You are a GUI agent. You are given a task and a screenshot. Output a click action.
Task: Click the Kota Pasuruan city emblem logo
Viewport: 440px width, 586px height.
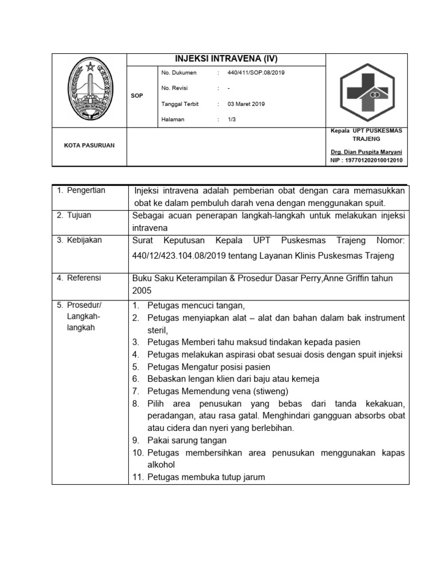pos(89,90)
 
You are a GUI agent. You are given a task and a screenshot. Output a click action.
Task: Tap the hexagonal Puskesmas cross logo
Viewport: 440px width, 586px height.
pos(367,90)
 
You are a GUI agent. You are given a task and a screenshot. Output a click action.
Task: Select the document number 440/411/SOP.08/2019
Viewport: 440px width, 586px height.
pos(256,73)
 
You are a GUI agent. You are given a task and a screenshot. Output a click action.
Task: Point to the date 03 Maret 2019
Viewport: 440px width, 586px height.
pos(246,104)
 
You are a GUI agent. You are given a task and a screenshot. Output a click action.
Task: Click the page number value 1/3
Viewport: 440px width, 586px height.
pos(231,120)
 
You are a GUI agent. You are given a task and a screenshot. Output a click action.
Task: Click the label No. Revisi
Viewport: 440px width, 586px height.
pos(175,88)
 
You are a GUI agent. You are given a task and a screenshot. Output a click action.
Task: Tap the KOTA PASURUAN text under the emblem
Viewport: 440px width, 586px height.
pos(89,145)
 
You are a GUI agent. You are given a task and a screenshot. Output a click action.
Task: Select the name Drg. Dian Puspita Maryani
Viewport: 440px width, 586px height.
pos(366,152)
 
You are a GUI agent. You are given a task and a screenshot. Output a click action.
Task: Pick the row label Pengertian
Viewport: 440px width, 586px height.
pos(86,191)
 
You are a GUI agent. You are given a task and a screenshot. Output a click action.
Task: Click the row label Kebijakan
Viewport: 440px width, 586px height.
pos(84,240)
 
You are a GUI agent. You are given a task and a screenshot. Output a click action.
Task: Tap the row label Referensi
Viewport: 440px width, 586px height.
pos(84,278)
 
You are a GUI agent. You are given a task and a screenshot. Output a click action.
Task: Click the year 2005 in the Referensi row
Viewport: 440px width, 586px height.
pos(142,290)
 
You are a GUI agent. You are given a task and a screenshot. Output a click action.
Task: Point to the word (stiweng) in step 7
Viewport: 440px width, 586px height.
pos(268,391)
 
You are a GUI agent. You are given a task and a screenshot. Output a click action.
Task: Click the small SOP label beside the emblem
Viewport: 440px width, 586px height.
pos(137,96)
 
